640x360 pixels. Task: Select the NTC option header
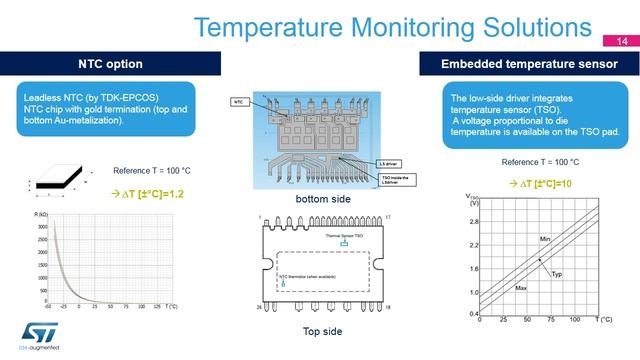click(x=110, y=64)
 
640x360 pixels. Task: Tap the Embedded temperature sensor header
click(x=528, y=64)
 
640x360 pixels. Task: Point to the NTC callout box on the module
click(x=239, y=102)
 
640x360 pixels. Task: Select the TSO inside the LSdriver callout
click(x=395, y=178)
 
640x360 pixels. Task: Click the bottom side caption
click(x=321, y=198)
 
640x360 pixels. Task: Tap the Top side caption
click(x=322, y=331)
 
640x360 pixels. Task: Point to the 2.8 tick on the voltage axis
click(x=474, y=221)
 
